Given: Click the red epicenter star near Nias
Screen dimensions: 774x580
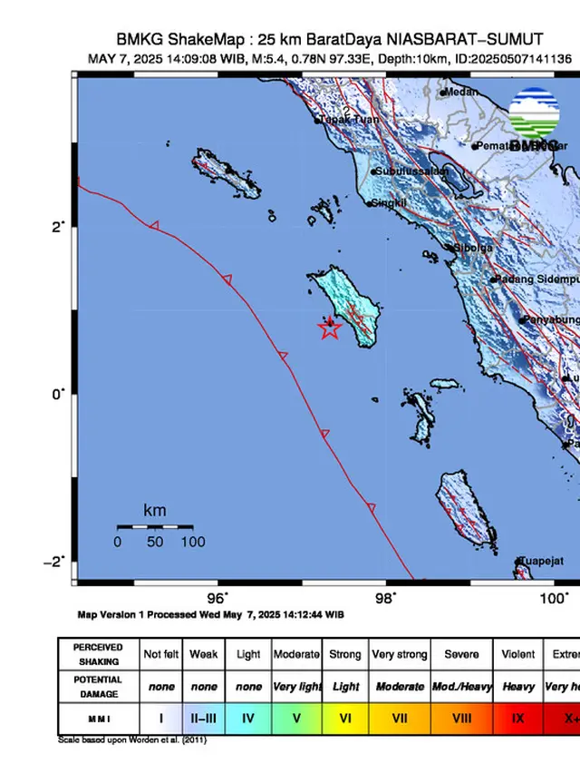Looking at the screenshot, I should [x=330, y=328].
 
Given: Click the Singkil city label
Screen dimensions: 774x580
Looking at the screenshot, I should [x=387, y=203].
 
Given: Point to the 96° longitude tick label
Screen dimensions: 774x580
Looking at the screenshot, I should [x=217, y=597].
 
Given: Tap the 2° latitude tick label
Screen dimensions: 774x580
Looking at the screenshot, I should [x=56, y=226].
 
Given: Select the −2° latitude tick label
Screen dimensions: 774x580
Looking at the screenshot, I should [x=53, y=561].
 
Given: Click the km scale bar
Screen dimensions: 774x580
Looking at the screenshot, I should [x=154, y=526].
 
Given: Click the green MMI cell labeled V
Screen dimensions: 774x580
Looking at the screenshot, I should [x=296, y=718].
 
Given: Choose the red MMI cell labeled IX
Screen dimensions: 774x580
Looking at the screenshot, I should [x=518, y=718].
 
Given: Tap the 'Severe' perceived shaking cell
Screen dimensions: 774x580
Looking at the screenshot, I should [x=461, y=653].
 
